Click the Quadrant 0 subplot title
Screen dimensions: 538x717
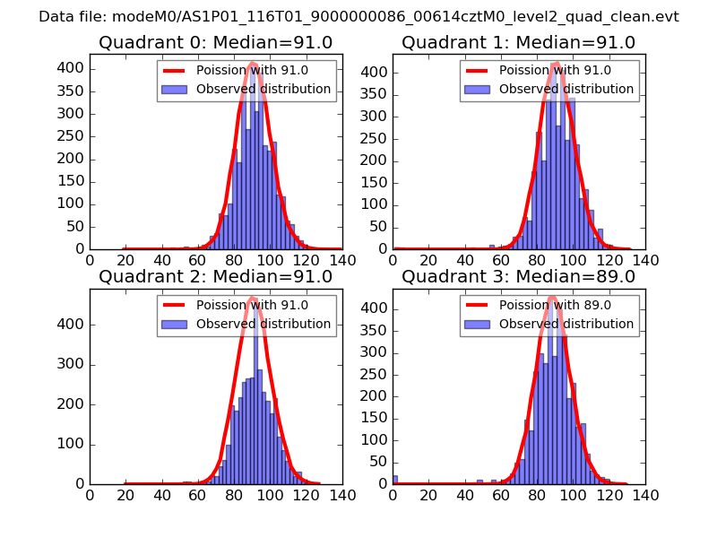215,42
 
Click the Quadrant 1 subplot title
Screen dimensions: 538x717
518,42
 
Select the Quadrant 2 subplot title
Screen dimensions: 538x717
215,276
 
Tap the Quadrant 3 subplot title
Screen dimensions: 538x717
518,276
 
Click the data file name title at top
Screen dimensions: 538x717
358,16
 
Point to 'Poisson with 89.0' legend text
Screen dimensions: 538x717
555,305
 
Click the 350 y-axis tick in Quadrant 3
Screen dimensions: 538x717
376,330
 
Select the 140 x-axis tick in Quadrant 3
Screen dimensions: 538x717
645,494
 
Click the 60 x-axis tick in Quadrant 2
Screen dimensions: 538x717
198,494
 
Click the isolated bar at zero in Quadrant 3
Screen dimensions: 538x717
395,480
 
